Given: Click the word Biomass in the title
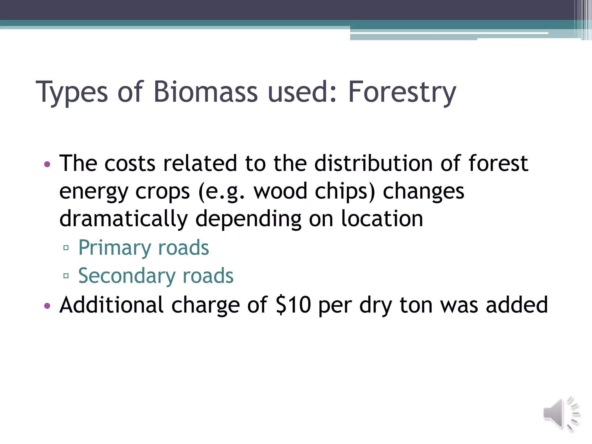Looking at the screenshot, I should tap(205, 92).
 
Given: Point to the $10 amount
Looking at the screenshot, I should tap(293, 305).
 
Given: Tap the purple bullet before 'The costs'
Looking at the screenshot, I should tap(47, 164).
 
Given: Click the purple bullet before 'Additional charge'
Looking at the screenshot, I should tap(47, 306).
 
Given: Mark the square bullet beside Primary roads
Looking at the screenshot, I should tap(66, 248).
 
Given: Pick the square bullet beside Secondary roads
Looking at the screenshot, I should tap(66, 276).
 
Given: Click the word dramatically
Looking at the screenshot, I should tap(123, 219).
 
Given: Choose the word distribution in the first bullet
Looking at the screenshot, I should tap(374, 164).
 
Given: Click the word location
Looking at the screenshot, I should tap(382, 219).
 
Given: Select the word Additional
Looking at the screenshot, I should tap(112, 305).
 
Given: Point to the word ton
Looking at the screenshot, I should tap(416, 305).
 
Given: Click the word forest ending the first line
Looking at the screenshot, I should tap(498, 164).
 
